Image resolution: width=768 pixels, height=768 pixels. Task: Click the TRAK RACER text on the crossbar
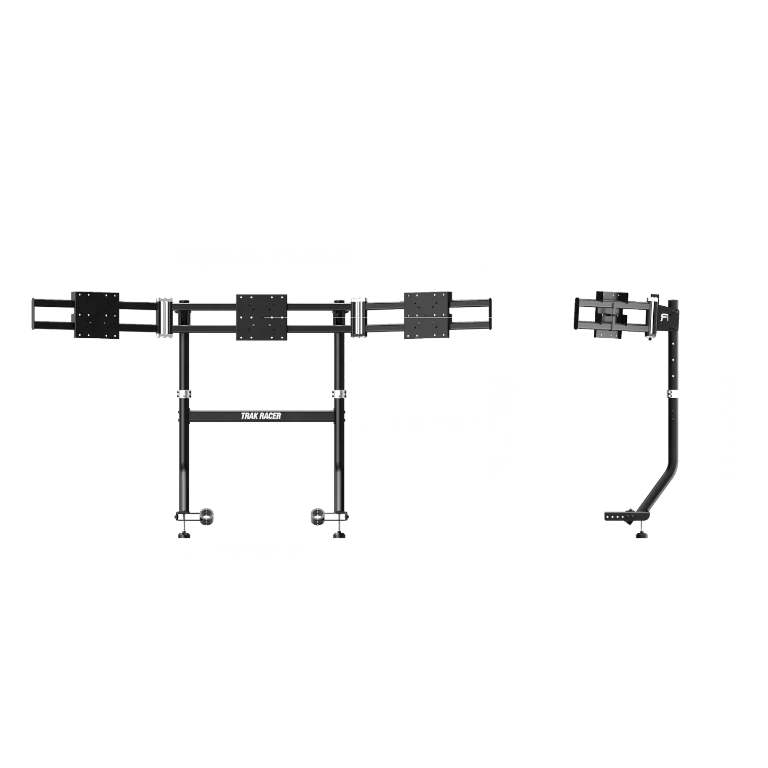pos(261,416)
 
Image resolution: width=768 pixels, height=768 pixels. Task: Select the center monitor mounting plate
pos(262,317)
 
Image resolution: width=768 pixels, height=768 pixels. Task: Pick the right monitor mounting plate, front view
pos(427,315)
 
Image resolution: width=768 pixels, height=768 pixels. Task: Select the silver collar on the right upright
pos(339,395)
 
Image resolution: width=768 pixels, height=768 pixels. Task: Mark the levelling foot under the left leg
pos(183,533)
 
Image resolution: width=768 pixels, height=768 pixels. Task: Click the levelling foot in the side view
pos(642,533)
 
